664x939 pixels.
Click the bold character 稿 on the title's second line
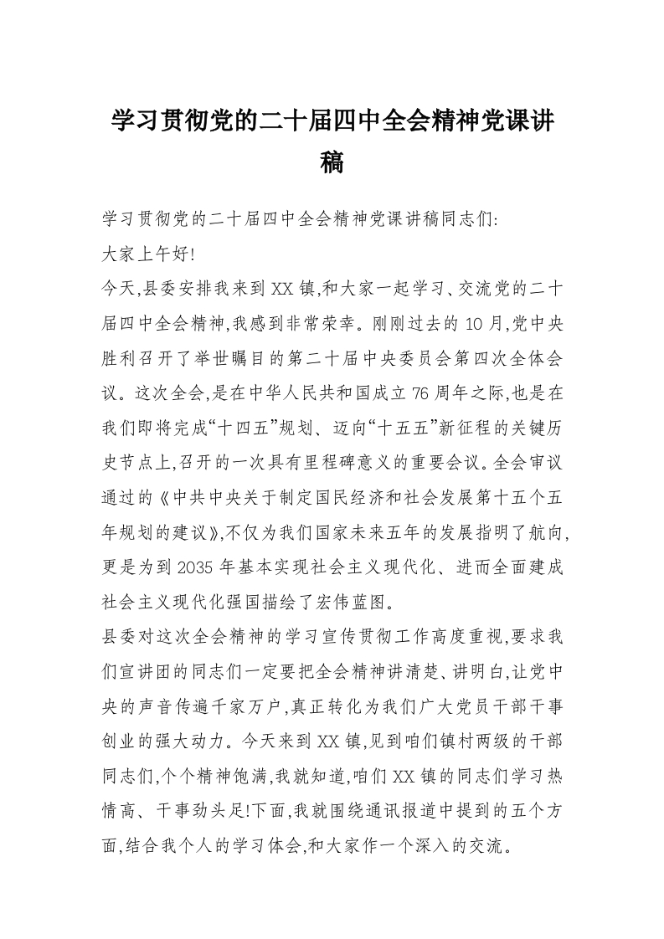[332, 162]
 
